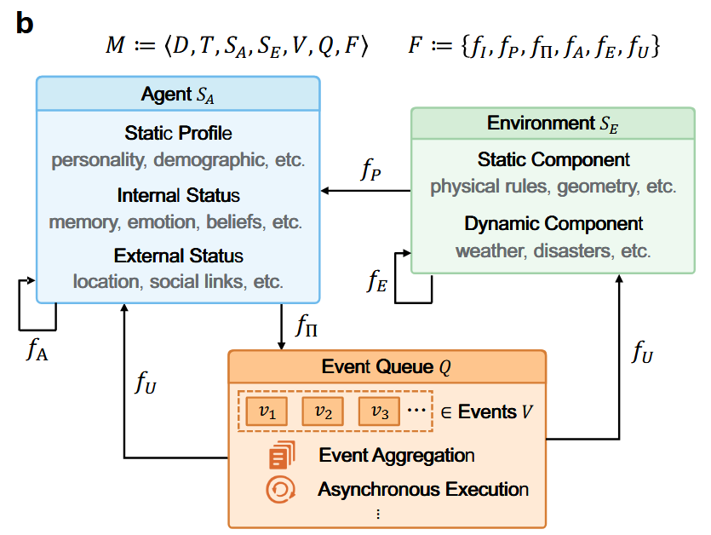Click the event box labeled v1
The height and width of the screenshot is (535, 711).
point(267,411)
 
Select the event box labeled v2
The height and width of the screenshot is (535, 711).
point(323,411)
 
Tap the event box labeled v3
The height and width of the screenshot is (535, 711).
point(380,411)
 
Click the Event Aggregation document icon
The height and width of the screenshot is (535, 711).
point(280,457)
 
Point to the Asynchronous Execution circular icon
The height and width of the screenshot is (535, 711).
point(280,490)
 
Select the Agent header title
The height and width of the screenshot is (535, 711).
point(178,94)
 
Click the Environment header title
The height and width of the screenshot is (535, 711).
point(553,124)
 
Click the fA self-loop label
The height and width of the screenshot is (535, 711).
point(37,349)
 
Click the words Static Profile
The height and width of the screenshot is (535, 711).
point(178,134)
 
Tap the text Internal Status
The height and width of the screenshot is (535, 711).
point(178,196)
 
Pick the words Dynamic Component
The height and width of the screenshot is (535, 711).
point(553,224)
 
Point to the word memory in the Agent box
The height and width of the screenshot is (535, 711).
point(83,221)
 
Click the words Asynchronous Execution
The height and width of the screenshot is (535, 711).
point(423,490)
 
